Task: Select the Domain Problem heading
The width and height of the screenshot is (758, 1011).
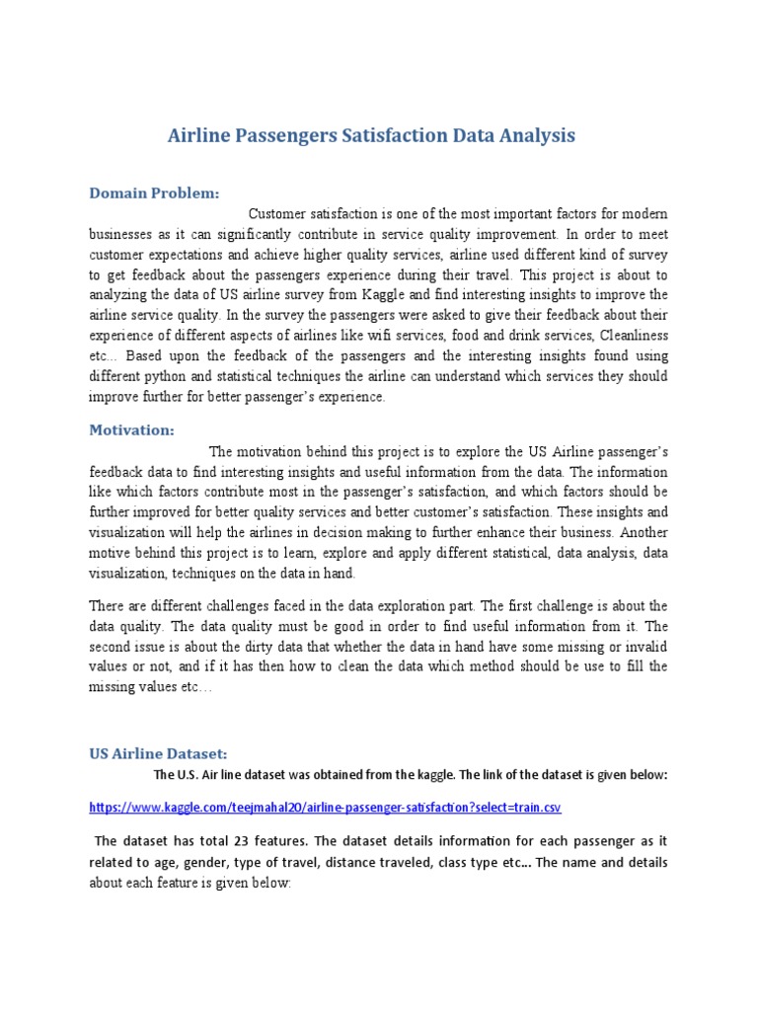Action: pos(154,193)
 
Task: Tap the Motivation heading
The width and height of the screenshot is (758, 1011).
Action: pos(131,429)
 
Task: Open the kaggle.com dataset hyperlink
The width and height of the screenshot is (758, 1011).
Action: pos(325,808)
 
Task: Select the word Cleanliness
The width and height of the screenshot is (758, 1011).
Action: pos(634,335)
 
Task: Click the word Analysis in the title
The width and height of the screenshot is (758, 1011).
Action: pos(537,135)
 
